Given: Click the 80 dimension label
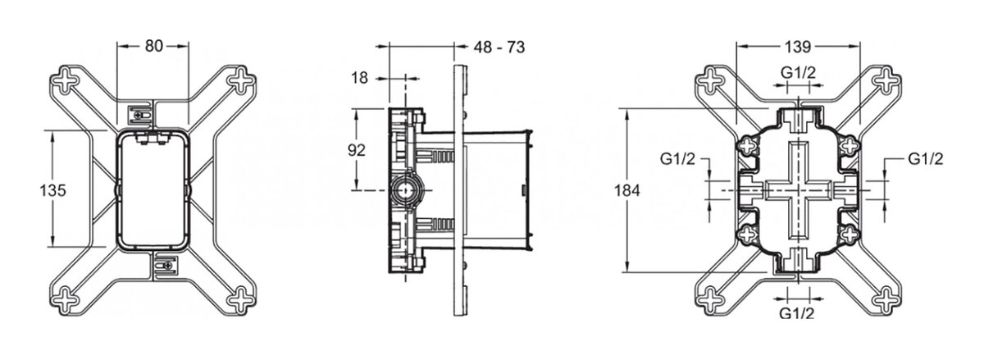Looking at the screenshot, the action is [x=154, y=46].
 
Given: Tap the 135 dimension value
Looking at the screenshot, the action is [x=52, y=190].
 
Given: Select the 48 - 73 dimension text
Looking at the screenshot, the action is [x=499, y=47].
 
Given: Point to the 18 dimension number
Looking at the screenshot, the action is [x=359, y=78].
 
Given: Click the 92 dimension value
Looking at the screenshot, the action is [x=356, y=150].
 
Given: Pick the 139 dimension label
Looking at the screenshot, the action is [x=797, y=47].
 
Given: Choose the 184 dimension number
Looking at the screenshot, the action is [x=626, y=190].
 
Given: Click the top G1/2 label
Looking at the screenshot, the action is [x=798, y=72].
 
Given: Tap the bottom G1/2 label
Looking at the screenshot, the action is [x=797, y=313].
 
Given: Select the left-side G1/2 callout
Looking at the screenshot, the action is [x=678, y=159].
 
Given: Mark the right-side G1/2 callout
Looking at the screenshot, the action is [x=926, y=159].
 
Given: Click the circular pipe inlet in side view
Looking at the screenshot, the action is [x=405, y=190].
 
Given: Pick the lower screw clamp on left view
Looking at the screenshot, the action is [x=165, y=266].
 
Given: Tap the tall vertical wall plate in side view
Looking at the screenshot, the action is [x=460, y=190].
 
